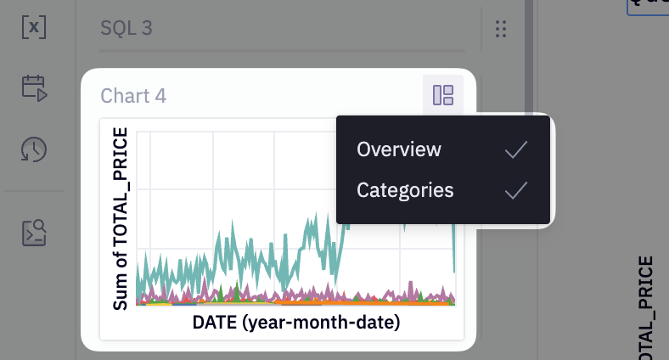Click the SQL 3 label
(x=126, y=29)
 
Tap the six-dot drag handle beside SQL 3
(x=500, y=30)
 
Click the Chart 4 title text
(x=133, y=96)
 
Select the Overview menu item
(x=399, y=149)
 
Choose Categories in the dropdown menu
(x=405, y=190)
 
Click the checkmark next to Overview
(x=516, y=150)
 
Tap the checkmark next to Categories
(x=516, y=191)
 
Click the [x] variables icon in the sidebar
(x=34, y=27)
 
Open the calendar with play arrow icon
(x=34, y=87)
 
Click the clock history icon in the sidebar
(x=34, y=149)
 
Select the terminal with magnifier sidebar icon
(x=34, y=232)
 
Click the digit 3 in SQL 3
(x=147, y=29)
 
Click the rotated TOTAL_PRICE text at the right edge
(x=647, y=306)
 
